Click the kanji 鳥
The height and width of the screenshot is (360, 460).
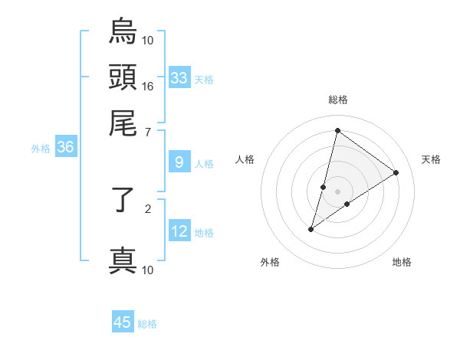(x=123, y=32)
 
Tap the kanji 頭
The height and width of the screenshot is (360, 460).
(x=123, y=77)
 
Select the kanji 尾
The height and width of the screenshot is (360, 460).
(x=123, y=123)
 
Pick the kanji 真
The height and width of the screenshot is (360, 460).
(x=123, y=260)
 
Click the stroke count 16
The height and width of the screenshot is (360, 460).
(x=148, y=86)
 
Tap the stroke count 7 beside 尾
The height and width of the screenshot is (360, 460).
(x=148, y=132)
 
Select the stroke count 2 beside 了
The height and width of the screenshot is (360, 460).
(x=148, y=207)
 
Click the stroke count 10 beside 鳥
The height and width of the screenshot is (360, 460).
(x=148, y=40)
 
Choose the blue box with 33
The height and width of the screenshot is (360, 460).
(x=179, y=78)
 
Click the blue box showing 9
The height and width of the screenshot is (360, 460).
(x=179, y=162)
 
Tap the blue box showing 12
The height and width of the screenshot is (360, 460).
(x=179, y=231)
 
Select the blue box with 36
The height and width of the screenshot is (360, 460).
(x=65, y=148)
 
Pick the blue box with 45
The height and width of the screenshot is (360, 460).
(x=123, y=322)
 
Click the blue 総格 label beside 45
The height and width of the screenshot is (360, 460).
(x=147, y=324)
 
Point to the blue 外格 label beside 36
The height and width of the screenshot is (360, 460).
(x=41, y=149)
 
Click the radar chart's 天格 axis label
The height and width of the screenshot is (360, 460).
(x=431, y=159)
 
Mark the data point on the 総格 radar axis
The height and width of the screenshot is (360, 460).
(x=337, y=129)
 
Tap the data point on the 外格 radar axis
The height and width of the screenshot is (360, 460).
(x=311, y=229)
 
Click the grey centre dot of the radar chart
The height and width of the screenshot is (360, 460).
(x=337, y=191)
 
